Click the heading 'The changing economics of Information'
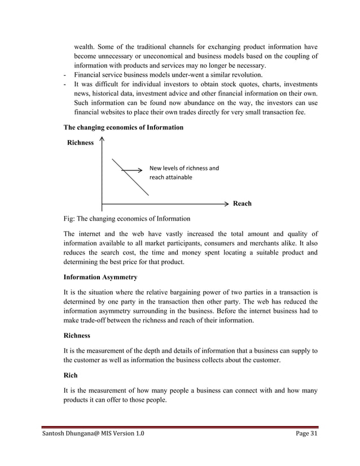click(x=122, y=128)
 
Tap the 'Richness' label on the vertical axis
click(x=80, y=143)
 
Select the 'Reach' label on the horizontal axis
click(x=242, y=204)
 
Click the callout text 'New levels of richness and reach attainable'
click(x=184, y=173)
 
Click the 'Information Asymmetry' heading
click(x=99, y=277)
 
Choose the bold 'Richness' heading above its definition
click(x=79, y=335)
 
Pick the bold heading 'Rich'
click(x=71, y=374)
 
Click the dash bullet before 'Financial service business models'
click(x=66, y=75)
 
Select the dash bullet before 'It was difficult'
click(x=66, y=85)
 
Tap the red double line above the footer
click(x=180, y=428)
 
